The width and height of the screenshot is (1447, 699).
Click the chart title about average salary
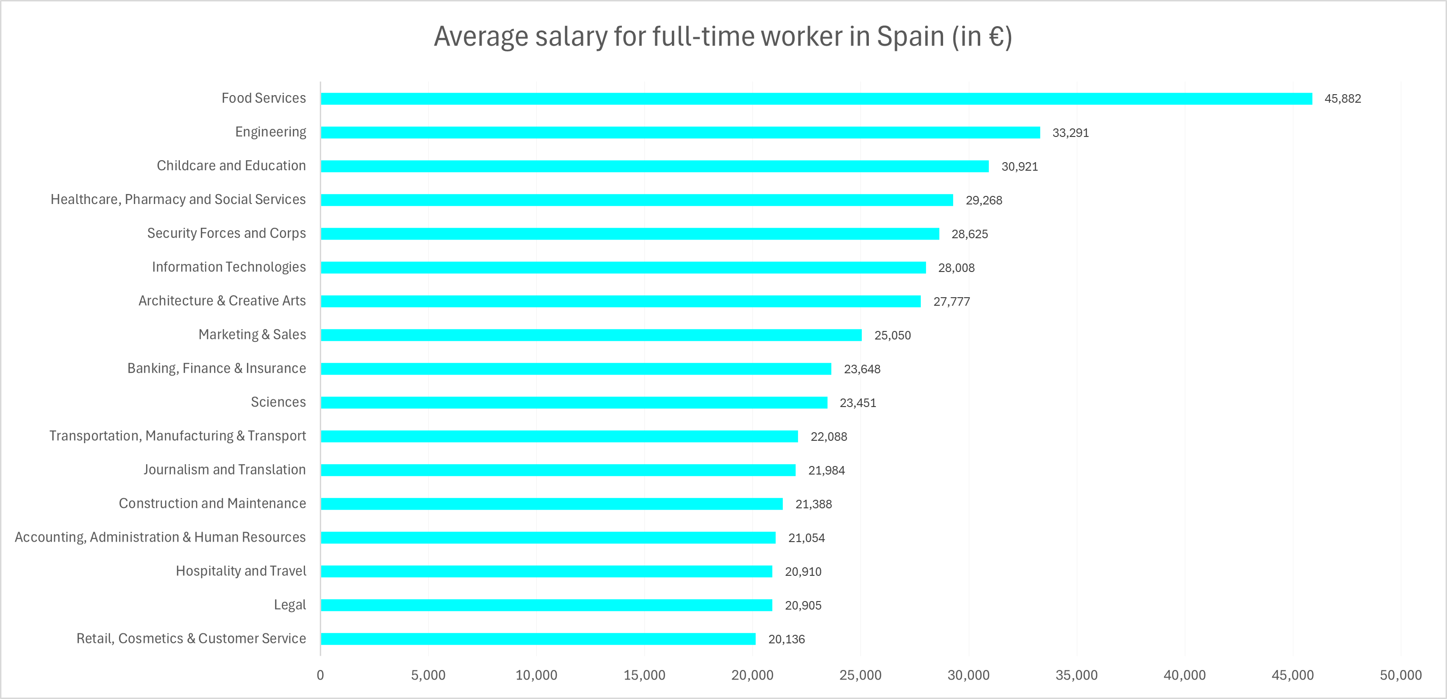pos(723,37)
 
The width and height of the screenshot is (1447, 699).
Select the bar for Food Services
pos(816,99)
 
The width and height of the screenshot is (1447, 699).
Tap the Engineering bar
pos(680,133)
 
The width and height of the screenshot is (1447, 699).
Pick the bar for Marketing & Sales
pos(591,335)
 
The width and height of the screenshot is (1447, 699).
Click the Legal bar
pos(547,605)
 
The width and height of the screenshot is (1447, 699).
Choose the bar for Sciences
pos(574,403)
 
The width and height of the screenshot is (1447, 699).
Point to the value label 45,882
pos(1342,99)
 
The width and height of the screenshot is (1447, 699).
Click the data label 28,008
pos(956,268)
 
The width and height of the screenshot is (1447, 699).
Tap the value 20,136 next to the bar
pos(787,639)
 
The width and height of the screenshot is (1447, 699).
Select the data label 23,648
pos(862,369)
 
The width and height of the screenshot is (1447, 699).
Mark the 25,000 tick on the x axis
pos(860,675)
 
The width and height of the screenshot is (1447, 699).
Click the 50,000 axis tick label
pos(1400,675)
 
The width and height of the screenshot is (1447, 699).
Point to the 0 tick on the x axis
pos(320,675)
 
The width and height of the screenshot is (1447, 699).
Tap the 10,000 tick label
pos(536,675)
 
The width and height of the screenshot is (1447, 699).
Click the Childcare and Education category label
pos(231,165)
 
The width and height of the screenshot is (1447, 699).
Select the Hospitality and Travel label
pos(240,571)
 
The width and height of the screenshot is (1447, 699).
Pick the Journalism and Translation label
pos(224,469)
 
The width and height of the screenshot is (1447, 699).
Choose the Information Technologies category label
pos(228,267)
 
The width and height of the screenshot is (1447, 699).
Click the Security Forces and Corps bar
pos(630,234)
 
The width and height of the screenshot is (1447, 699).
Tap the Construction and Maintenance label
pos(212,503)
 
